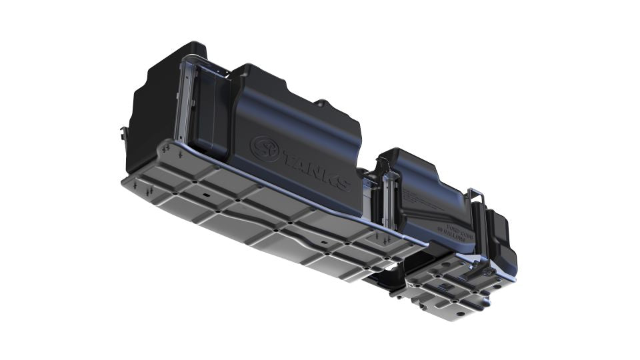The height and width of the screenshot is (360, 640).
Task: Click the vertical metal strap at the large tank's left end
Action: (x=187, y=100)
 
